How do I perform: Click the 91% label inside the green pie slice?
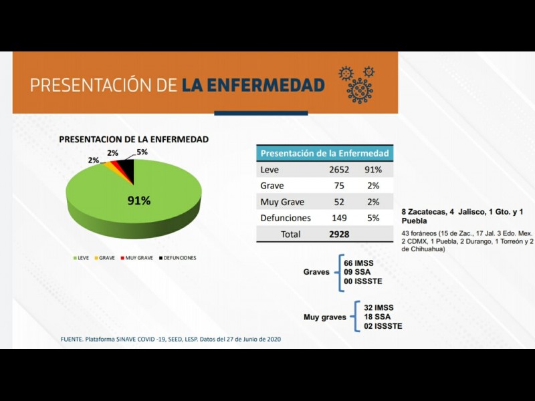click(x=139, y=200)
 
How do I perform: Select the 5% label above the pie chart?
click(x=142, y=152)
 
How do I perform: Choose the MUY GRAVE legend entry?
click(x=138, y=258)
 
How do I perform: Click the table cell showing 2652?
click(x=339, y=170)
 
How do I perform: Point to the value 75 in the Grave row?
click(x=339, y=186)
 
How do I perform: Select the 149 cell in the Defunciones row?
click(x=339, y=218)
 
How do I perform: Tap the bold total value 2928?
click(x=339, y=235)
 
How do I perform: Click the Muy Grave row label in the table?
click(x=282, y=202)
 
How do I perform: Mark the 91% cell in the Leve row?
click(x=373, y=170)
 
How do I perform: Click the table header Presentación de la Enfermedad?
click(x=324, y=153)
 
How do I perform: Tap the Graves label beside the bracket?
click(x=316, y=272)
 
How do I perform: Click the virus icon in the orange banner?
click(x=359, y=86)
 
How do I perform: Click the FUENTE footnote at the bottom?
click(x=171, y=340)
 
